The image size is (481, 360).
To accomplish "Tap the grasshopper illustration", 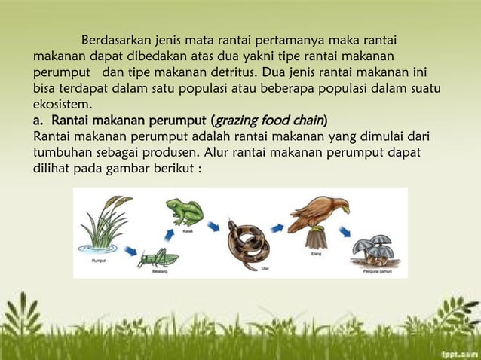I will (158, 258).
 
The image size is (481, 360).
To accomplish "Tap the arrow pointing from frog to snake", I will (214, 226).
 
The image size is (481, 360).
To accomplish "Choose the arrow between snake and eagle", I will (278, 226).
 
